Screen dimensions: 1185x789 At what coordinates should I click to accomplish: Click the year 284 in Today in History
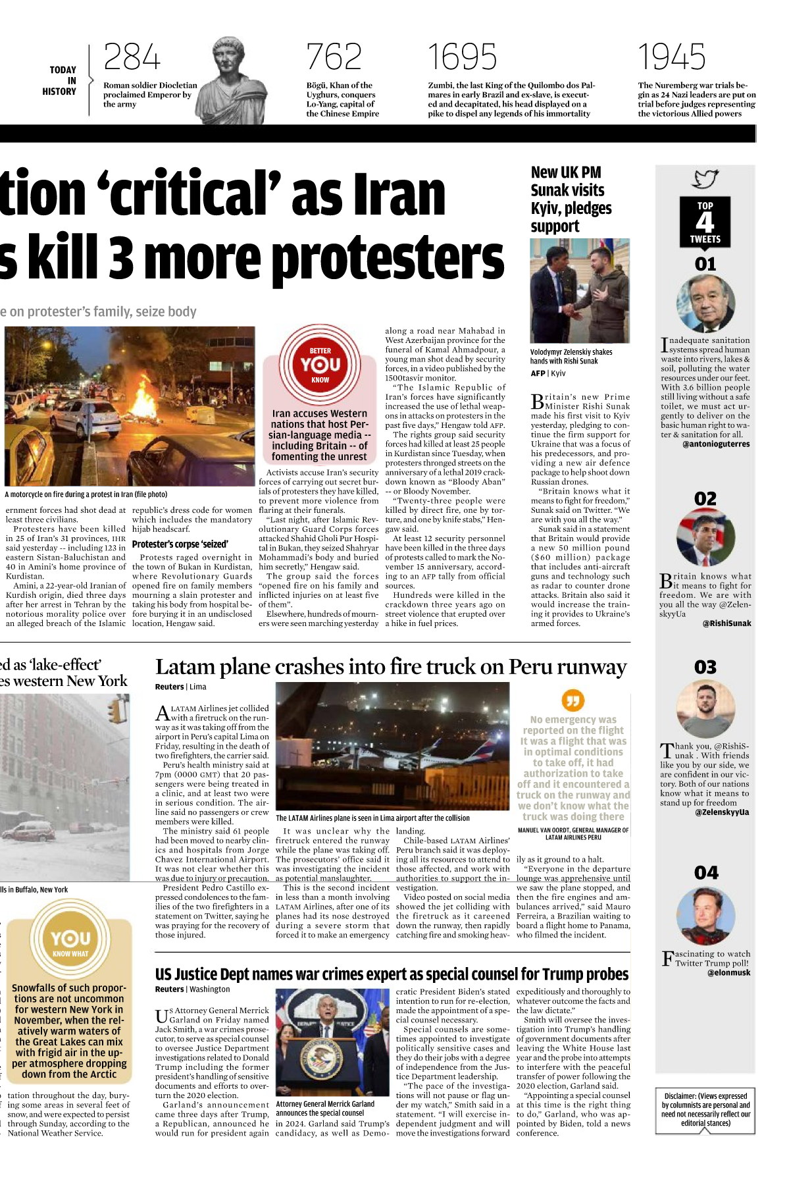[x=132, y=57]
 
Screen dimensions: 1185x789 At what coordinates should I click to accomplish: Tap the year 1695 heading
[x=462, y=57]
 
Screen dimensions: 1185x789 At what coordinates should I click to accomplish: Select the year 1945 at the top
[x=671, y=57]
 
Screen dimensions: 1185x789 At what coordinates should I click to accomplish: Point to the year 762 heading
[x=334, y=57]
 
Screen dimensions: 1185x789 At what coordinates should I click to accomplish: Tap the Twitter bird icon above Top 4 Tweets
[x=705, y=178]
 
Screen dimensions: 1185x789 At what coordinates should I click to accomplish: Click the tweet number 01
[x=705, y=264]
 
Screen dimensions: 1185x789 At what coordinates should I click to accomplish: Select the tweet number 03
[x=705, y=668]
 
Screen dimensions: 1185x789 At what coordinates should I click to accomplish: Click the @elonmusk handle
[x=728, y=972]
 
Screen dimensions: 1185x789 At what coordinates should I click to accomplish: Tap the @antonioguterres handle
[x=716, y=444]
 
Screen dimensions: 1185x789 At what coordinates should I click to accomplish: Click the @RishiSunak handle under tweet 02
[x=726, y=623]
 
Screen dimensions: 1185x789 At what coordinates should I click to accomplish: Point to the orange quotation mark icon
[x=573, y=700]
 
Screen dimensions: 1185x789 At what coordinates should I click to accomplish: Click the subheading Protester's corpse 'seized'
[x=180, y=544]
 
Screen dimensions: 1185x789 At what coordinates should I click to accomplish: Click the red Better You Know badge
[x=320, y=364]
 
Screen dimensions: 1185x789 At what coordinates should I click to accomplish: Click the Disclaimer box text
[x=705, y=1109]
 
